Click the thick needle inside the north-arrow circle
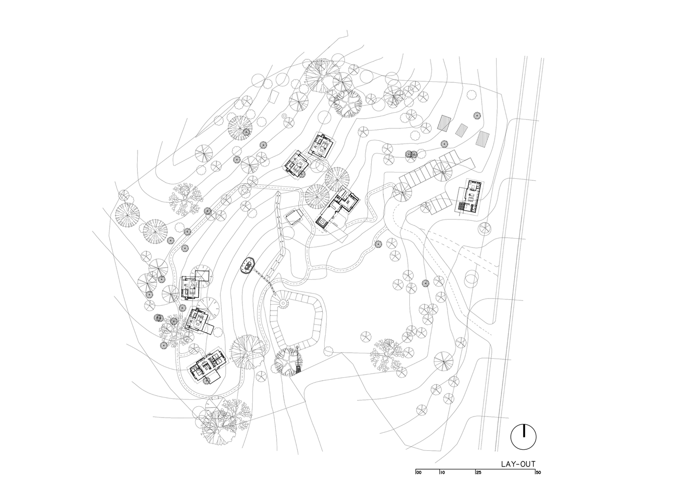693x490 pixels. [x=524, y=431]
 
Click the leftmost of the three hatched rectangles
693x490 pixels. [x=444, y=123]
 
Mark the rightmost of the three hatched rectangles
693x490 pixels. [x=483, y=141]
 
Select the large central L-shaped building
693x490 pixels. [x=338, y=208]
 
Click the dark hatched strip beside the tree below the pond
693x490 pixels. [x=298, y=362]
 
